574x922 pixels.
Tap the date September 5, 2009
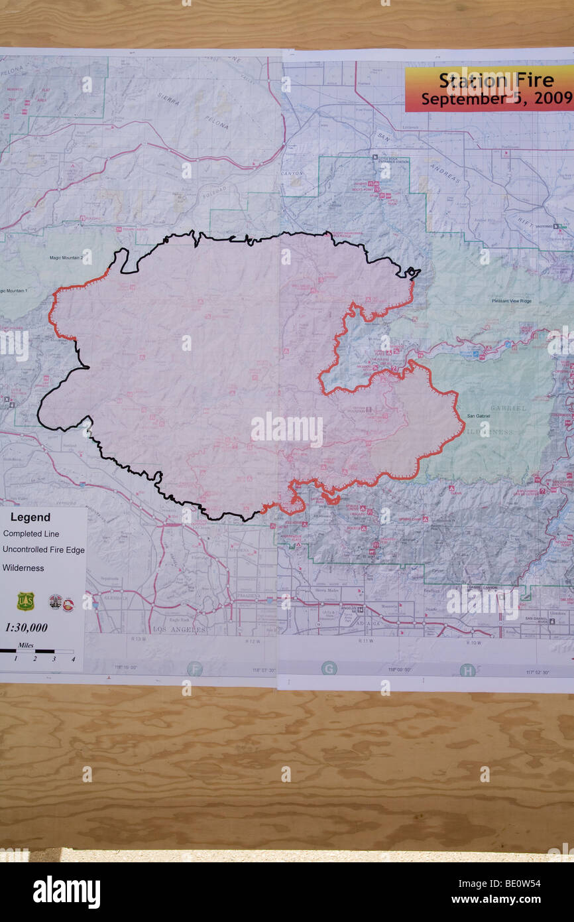pyautogui.click(x=496, y=99)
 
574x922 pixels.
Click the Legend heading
pyautogui.click(x=30, y=517)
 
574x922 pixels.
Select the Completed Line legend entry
pyautogui.click(x=31, y=534)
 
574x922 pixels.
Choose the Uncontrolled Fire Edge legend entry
pyautogui.click(x=44, y=550)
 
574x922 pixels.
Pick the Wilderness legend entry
pyautogui.click(x=23, y=568)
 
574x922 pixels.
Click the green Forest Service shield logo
pyautogui.click(x=25, y=601)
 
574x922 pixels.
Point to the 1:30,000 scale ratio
pyautogui.click(x=26, y=627)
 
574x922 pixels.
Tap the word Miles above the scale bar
pyautogui.click(x=26, y=645)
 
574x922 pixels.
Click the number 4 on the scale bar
pyautogui.click(x=73, y=659)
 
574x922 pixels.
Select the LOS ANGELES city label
pyautogui.click(x=180, y=629)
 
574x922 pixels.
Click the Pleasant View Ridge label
pyautogui.click(x=511, y=301)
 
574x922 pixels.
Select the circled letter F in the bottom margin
pyautogui.click(x=194, y=668)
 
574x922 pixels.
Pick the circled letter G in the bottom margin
pyautogui.click(x=329, y=668)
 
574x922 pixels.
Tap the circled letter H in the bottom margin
pyautogui.click(x=467, y=670)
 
